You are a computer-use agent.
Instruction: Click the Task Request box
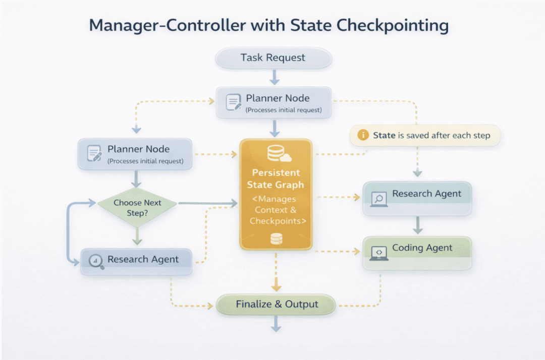[273, 58]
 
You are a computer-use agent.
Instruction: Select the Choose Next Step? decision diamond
[137, 207]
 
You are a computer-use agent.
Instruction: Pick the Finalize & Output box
[276, 305]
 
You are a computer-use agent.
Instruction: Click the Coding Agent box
[417, 253]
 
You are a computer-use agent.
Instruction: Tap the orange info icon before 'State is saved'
[362, 135]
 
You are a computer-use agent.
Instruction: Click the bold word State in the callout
[384, 135]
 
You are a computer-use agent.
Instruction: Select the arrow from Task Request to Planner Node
[274, 77]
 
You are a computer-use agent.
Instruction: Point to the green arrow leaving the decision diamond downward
[137, 235]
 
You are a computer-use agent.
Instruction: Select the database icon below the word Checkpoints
[276, 238]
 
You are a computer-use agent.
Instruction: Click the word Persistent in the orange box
[276, 172]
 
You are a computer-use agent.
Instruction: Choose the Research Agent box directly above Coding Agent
[417, 198]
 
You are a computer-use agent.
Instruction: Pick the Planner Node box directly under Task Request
[274, 103]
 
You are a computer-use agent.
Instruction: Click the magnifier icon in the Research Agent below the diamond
[96, 261]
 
